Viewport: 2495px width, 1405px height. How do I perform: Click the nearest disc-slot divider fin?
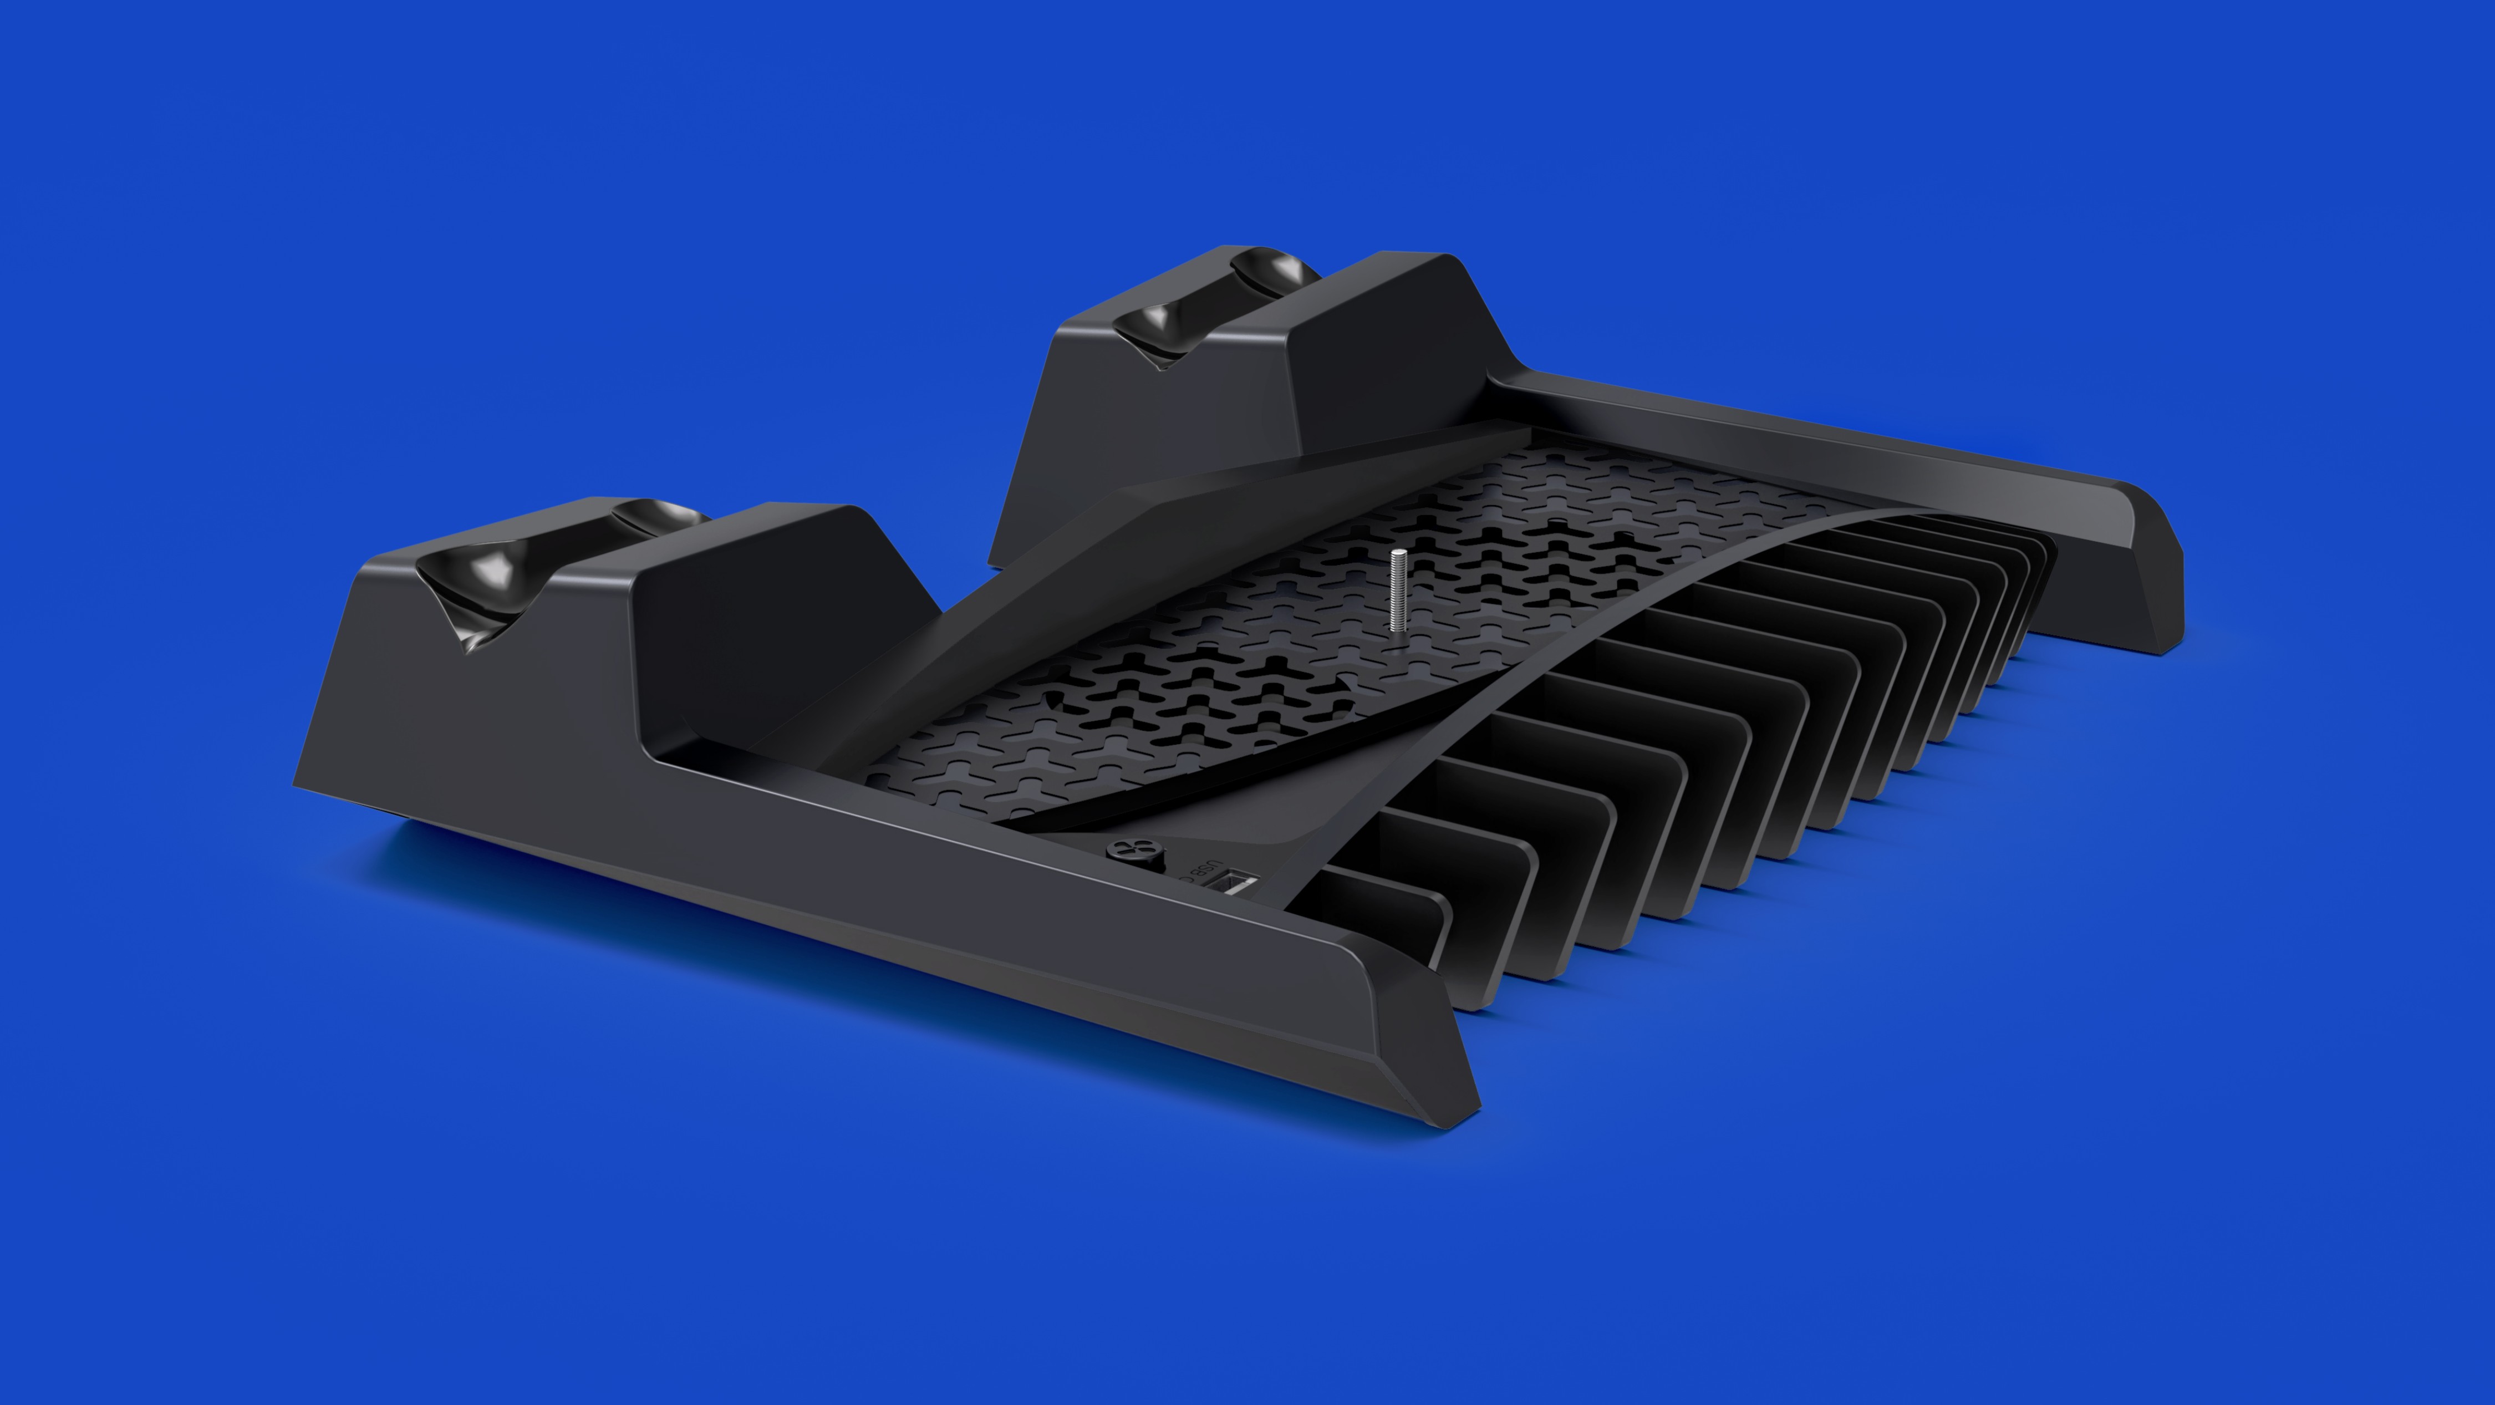click(x=1395, y=939)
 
